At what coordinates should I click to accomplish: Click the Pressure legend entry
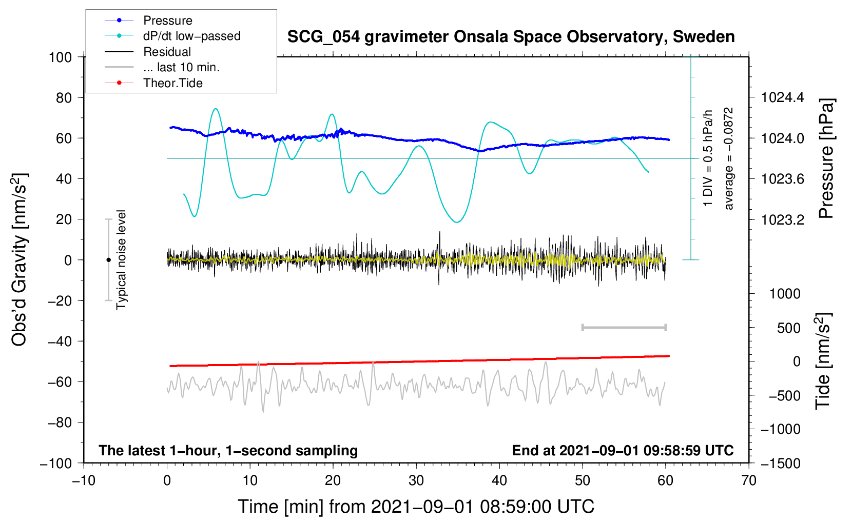167,21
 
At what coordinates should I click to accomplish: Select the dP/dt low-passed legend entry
191,36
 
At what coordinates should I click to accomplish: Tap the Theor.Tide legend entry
172,83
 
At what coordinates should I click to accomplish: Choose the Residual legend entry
167,52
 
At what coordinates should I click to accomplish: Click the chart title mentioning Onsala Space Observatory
511,37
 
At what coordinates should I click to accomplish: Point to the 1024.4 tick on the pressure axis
783,97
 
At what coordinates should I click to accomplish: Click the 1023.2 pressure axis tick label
783,220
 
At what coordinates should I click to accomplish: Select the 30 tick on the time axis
416,480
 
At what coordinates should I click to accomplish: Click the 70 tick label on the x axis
749,480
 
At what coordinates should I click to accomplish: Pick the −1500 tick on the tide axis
781,464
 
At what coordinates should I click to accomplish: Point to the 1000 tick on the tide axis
785,294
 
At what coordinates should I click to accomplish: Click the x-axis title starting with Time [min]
416,507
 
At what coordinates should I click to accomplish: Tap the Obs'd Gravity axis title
20,260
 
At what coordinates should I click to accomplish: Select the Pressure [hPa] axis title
826,158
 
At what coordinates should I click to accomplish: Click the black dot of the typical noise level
108,260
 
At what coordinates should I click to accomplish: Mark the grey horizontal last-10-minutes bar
624,327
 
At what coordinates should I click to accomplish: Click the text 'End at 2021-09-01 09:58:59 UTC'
623,451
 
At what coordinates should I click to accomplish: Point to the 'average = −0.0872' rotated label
728,158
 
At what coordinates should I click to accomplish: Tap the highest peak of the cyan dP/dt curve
216,109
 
